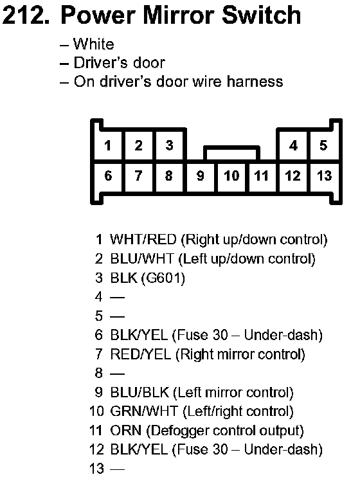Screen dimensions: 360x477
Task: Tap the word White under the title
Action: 94,44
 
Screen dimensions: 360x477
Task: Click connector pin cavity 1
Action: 108,145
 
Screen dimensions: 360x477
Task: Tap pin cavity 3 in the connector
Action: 170,145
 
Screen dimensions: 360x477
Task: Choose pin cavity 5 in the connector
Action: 324,145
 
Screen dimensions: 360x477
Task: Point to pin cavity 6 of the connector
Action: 108,176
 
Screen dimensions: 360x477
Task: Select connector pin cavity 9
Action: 200,176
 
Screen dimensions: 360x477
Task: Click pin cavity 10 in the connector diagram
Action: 231,176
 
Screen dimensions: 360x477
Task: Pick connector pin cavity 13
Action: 324,176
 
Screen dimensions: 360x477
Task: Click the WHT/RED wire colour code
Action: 143,239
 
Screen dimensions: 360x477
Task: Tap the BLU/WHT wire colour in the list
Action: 142,258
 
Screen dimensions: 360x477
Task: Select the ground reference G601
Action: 163,278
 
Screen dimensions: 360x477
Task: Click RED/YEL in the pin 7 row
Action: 141,354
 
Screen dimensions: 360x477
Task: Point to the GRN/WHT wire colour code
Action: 143,411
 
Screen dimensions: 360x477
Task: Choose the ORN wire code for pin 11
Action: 126,431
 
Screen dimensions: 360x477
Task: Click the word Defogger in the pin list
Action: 180,431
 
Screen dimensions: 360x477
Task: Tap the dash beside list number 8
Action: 117,373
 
